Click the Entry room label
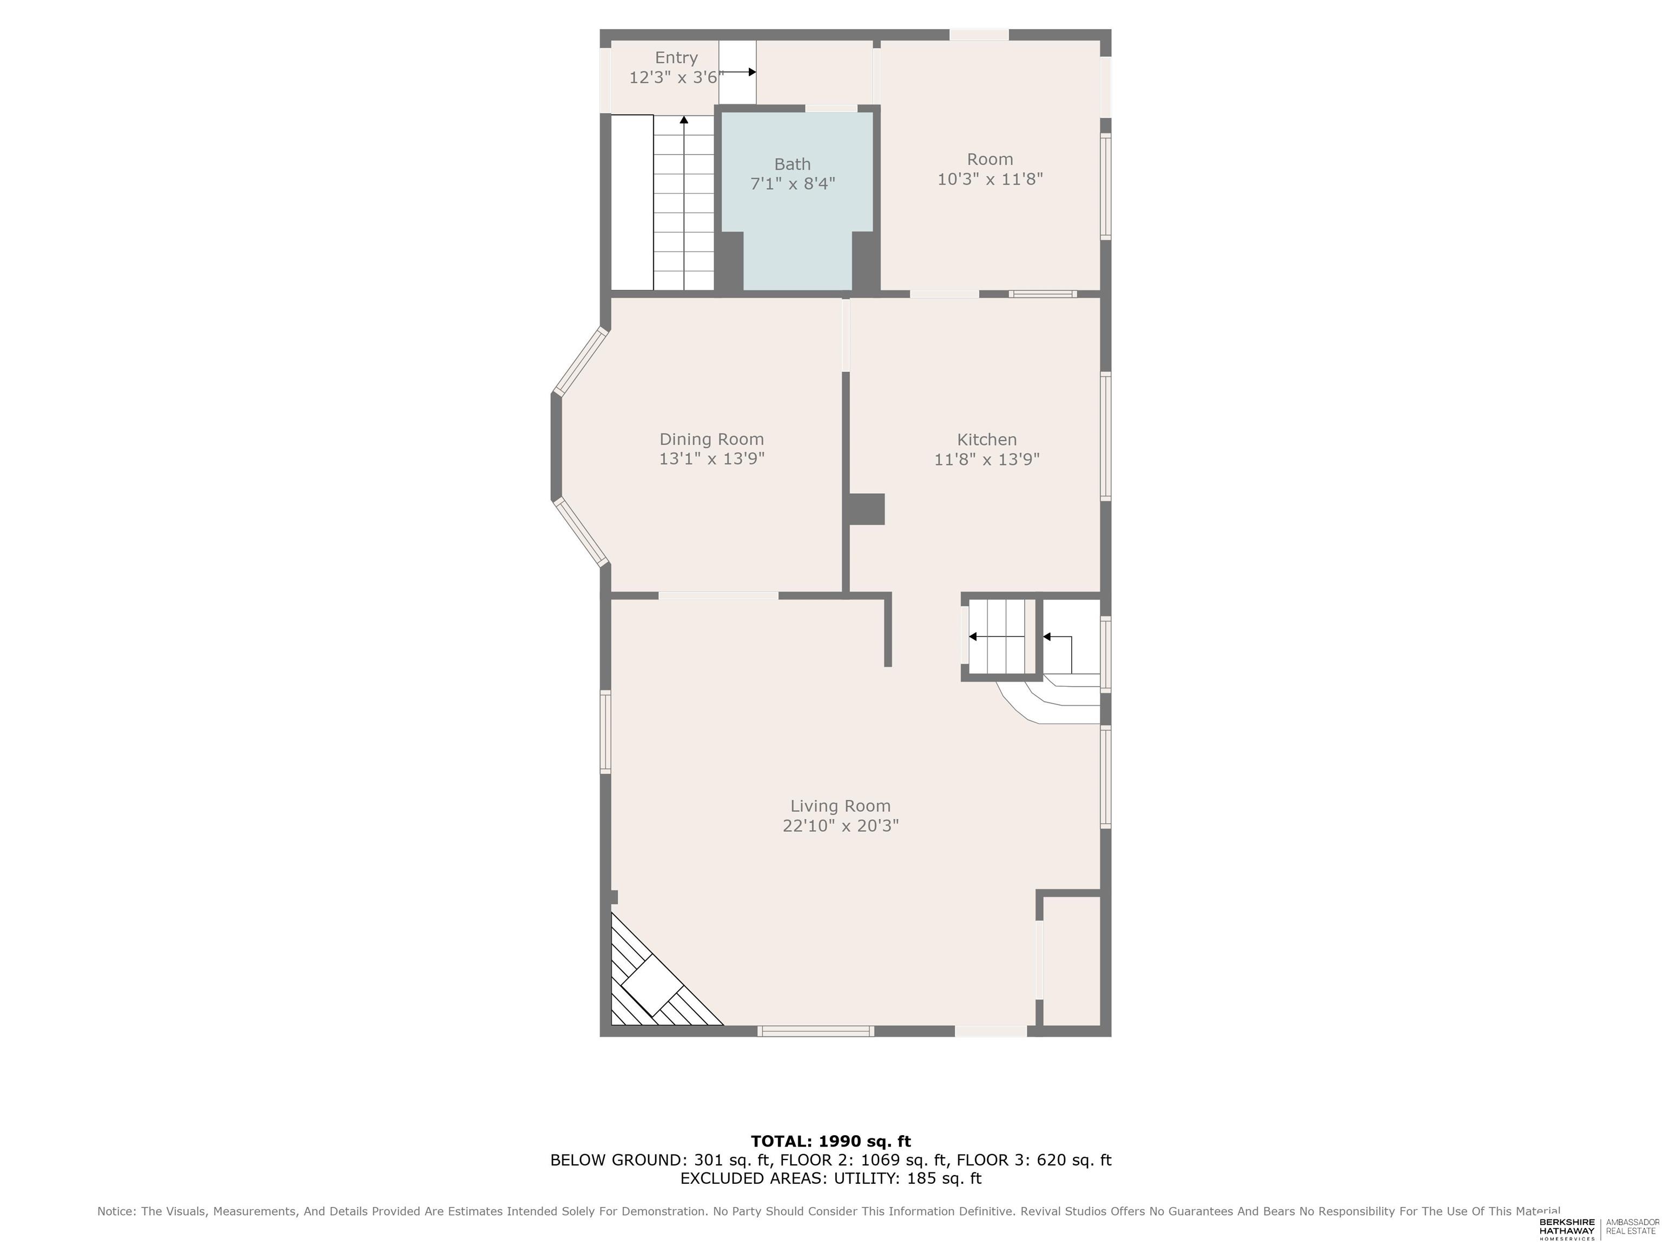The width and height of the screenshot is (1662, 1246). (x=676, y=58)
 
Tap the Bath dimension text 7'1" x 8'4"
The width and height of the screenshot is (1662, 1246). (x=793, y=183)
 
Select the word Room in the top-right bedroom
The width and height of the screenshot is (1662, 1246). (x=990, y=159)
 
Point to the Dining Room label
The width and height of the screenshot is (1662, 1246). (x=711, y=439)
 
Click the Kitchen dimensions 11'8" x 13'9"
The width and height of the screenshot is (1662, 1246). (x=986, y=459)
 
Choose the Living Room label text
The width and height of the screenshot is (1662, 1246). (x=840, y=806)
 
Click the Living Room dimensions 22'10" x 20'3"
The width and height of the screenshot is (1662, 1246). (x=841, y=825)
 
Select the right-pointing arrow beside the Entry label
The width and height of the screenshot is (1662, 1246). (x=738, y=72)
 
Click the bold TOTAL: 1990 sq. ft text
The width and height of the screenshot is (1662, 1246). (x=830, y=1142)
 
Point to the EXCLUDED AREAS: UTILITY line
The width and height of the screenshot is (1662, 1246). (x=830, y=1178)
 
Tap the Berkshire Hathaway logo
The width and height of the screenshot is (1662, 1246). (x=1567, y=1229)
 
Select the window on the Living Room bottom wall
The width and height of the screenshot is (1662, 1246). (x=815, y=1031)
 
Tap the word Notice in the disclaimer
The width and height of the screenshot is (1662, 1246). (x=117, y=1211)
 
